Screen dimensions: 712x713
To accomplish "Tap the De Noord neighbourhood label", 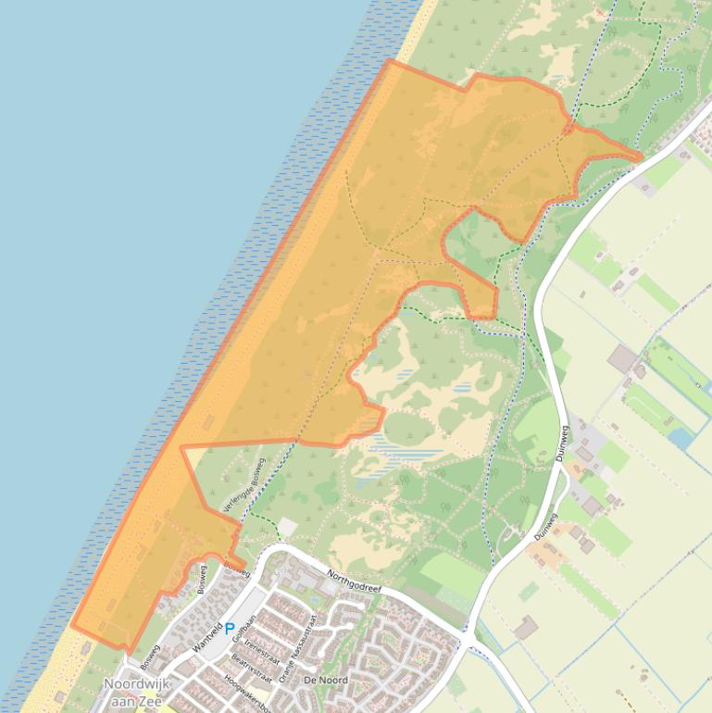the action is (x=326, y=681).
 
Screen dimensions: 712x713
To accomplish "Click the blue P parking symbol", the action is (x=229, y=628).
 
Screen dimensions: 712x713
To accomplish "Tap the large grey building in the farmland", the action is (x=623, y=358).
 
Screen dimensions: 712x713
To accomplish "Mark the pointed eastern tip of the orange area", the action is (x=641, y=157).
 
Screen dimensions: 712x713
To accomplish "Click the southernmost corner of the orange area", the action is (x=128, y=651).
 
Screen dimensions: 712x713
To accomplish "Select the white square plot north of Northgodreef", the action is (x=288, y=527).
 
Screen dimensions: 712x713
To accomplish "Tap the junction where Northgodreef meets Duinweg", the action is (x=464, y=634).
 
